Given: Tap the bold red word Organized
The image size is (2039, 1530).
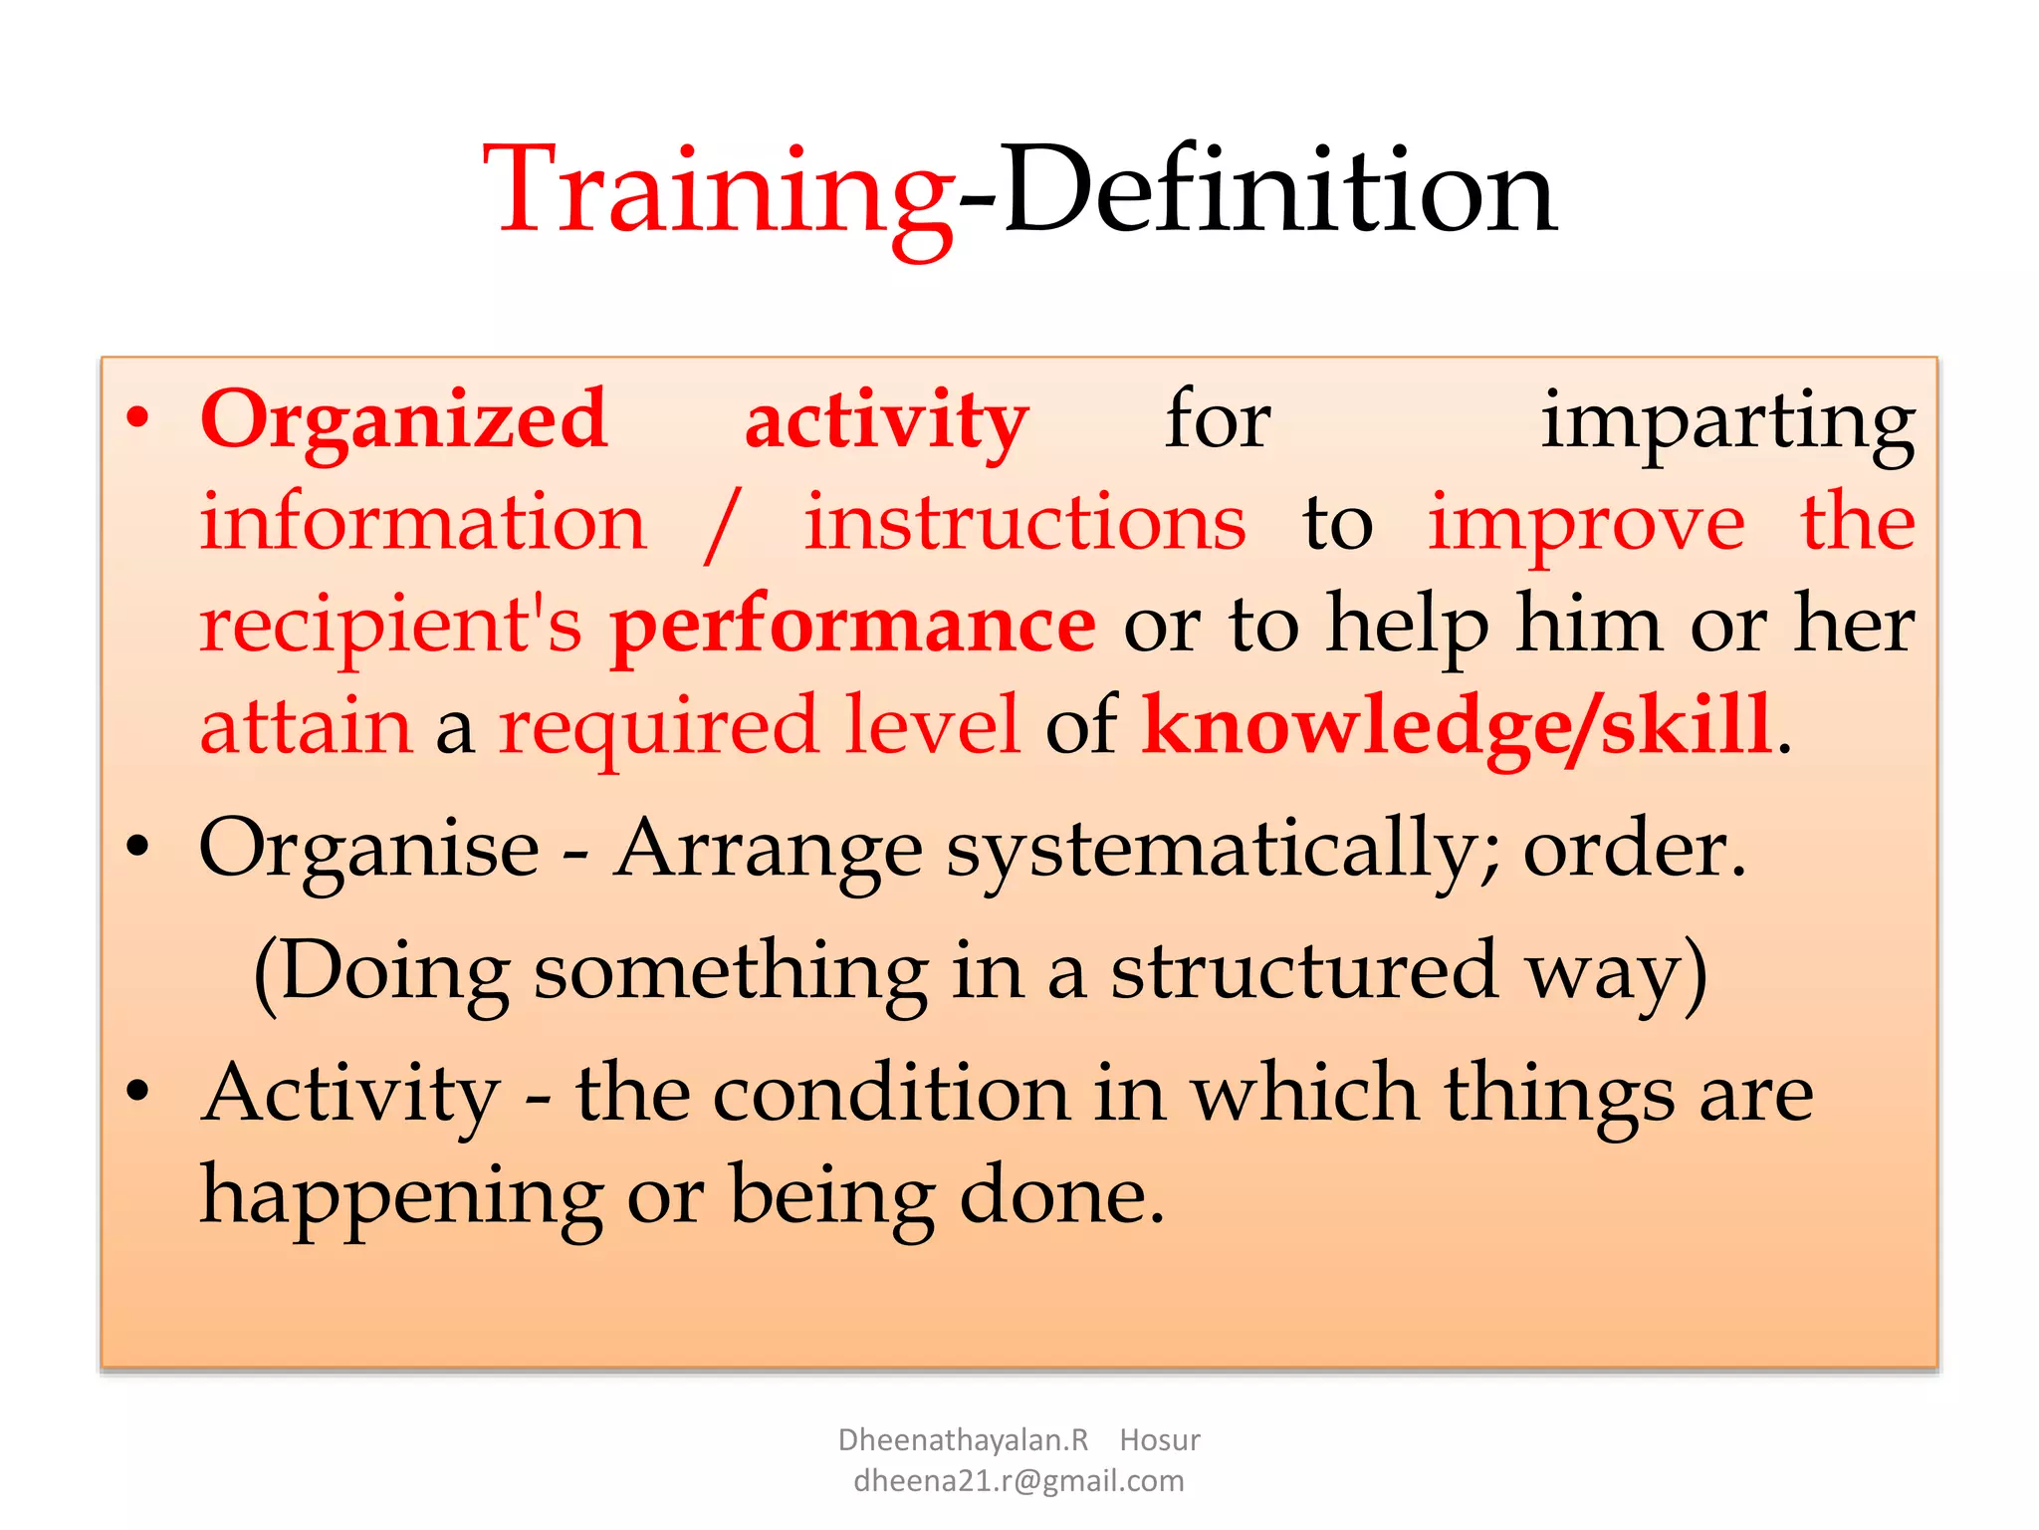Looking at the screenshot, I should tap(403, 419).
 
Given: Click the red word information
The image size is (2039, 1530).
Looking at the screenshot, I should tap(423, 522).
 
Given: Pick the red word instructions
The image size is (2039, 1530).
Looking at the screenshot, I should tap(1024, 522).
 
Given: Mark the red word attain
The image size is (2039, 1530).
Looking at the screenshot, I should tap(306, 725).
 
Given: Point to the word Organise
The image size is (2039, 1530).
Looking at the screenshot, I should tap(369, 849).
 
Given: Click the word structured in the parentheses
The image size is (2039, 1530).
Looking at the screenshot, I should tap(1304, 971).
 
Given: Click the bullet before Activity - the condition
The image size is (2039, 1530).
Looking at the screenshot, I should tap(138, 1092).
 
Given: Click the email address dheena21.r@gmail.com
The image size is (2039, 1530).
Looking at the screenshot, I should tap(1019, 1481).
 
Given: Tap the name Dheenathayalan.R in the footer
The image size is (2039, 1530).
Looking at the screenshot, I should tap(963, 1440).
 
